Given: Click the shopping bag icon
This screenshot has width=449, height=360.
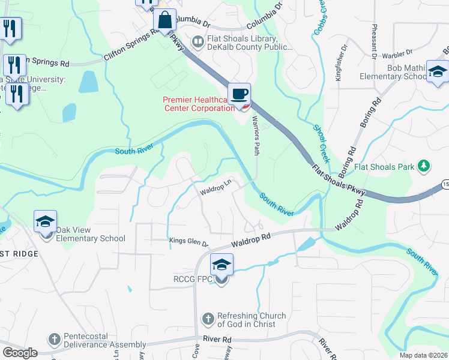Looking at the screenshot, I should coord(164,20).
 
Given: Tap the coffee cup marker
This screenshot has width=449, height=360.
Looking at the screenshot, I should coord(240,94).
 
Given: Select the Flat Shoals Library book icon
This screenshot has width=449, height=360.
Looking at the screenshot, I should coord(197,41).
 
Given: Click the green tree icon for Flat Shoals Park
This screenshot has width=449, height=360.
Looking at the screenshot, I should coord(424,165).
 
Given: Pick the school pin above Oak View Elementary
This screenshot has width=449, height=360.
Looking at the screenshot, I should coord(46,222).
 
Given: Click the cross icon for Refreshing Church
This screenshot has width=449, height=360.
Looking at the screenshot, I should coord(208,319).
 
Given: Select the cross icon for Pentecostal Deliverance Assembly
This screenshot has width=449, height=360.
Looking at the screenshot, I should coord(54,339).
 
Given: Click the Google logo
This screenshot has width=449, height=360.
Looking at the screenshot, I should coord(20,353).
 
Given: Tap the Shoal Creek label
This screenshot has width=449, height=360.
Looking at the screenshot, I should coord(322,144).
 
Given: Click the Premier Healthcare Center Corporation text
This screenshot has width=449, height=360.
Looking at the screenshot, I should coord(198,104).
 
